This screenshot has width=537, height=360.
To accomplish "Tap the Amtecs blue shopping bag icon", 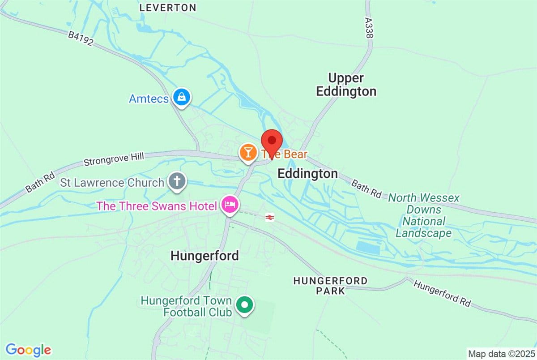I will [x=182, y=97].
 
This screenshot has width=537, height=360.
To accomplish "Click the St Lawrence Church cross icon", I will [x=177, y=182].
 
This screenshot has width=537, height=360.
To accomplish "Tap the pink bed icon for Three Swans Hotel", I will [x=229, y=205].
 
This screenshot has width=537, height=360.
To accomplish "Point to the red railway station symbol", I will [x=269, y=217].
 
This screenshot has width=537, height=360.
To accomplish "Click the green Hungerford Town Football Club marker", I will [x=244, y=305].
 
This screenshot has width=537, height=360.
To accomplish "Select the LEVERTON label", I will [x=168, y=8].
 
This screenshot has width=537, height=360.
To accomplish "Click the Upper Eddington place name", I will [x=346, y=85].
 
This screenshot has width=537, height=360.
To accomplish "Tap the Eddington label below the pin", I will [x=308, y=174].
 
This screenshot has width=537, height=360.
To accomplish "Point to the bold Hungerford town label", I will [x=205, y=256].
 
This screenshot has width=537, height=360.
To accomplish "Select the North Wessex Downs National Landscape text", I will [x=424, y=215].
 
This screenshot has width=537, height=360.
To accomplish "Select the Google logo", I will [x=28, y=349].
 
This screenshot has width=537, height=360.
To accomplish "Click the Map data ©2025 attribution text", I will [x=501, y=354].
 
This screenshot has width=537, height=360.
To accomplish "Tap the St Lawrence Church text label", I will [x=112, y=183].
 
